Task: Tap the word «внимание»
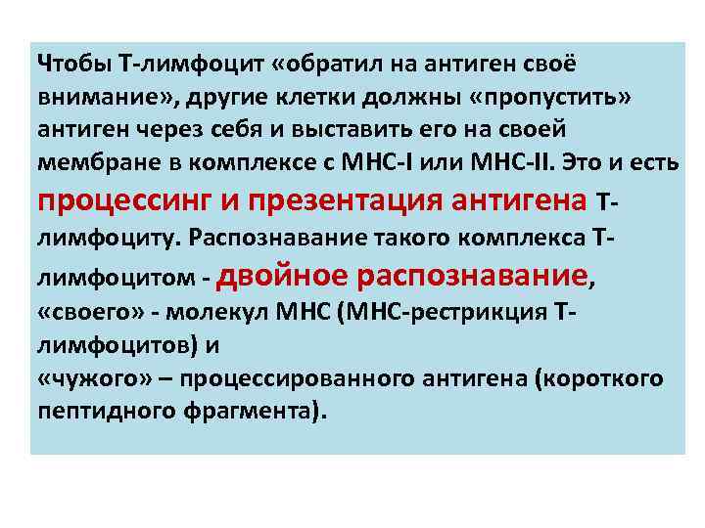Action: (x=94, y=98)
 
